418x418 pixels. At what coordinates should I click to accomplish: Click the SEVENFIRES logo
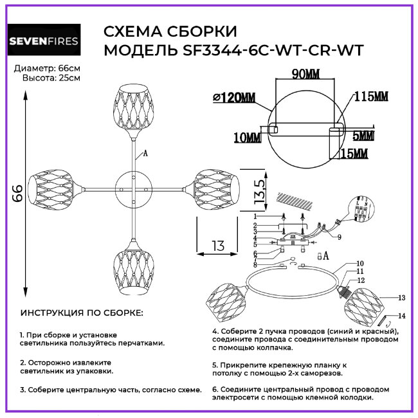[43, 42]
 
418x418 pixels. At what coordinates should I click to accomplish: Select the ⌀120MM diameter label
[233, 98]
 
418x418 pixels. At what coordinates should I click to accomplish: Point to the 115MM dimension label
[371, 96]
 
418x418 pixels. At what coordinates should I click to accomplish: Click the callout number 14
[402, 316]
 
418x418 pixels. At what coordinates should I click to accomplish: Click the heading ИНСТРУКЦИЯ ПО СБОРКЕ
[82, 313]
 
